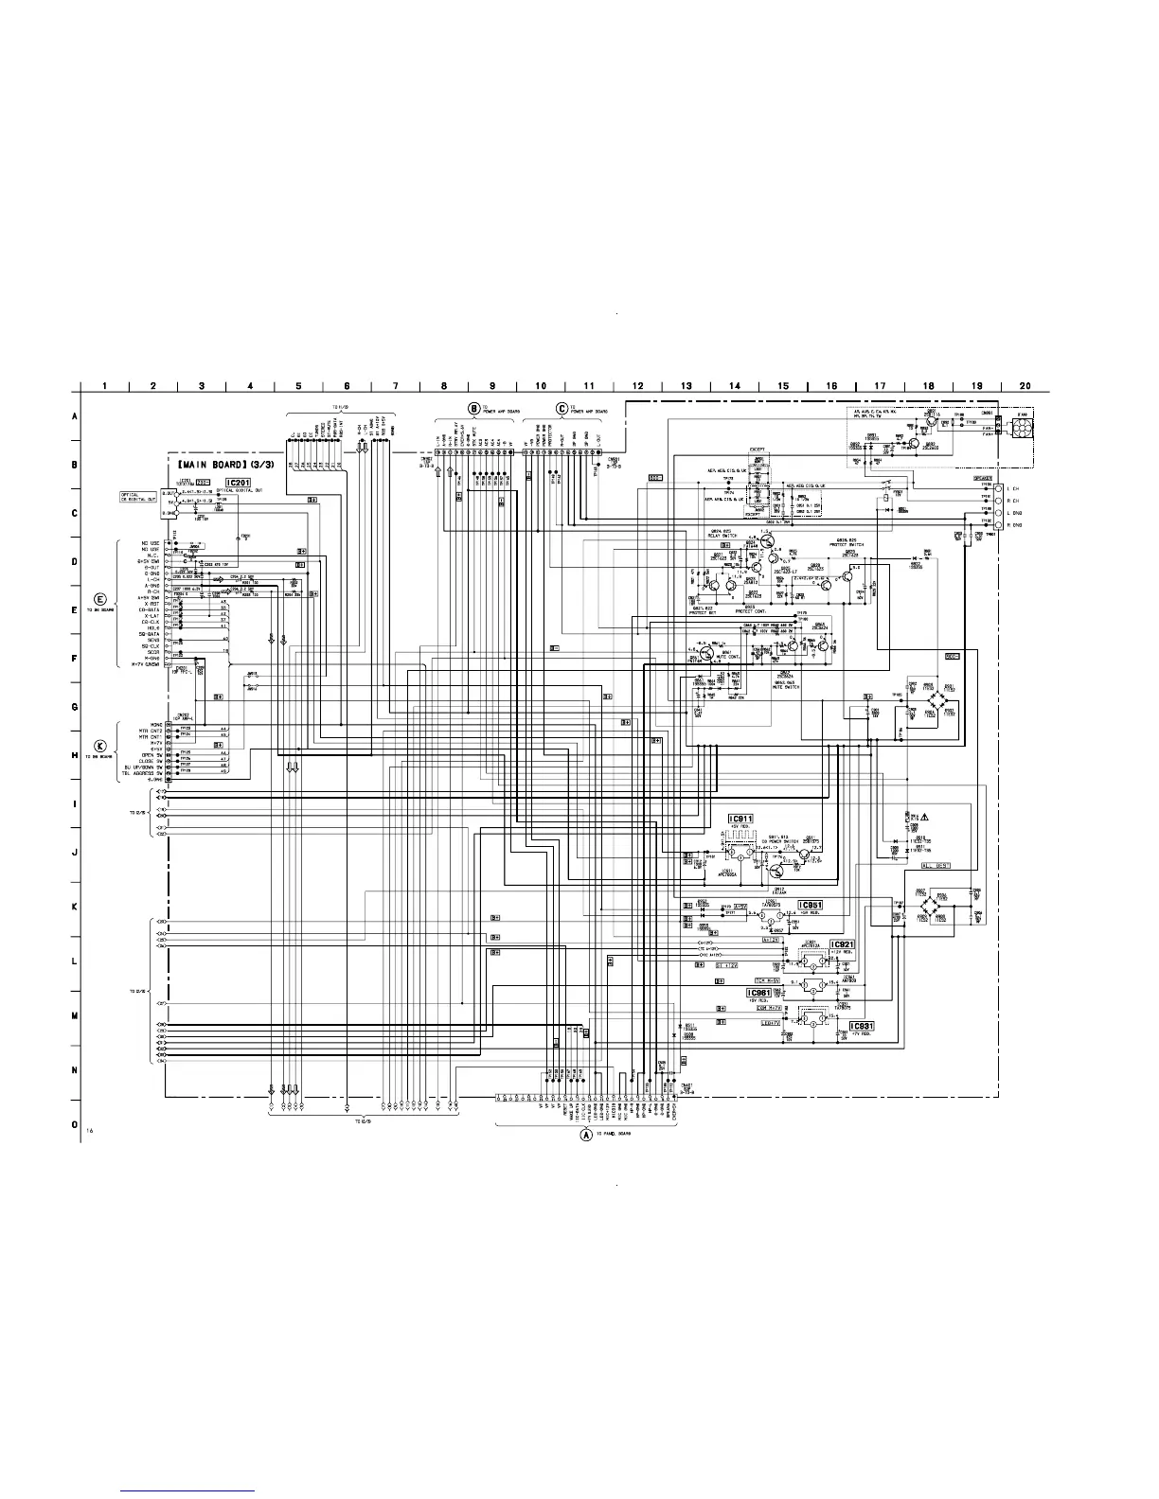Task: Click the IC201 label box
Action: pos(238,483)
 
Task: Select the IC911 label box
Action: pos(740,819)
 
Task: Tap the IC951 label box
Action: pos(810,905)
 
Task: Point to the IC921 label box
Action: pos(842,945)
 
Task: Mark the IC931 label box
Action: pos(861,1027)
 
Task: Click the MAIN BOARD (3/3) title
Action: pos(223,467)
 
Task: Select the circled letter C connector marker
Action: pos(562,408)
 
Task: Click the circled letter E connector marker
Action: pos(100,599)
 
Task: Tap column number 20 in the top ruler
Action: pos(1026,385)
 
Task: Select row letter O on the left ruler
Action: pos(75,1125)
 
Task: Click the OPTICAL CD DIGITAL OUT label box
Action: pos(138,498)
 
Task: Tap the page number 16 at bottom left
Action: pos(89,1132)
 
